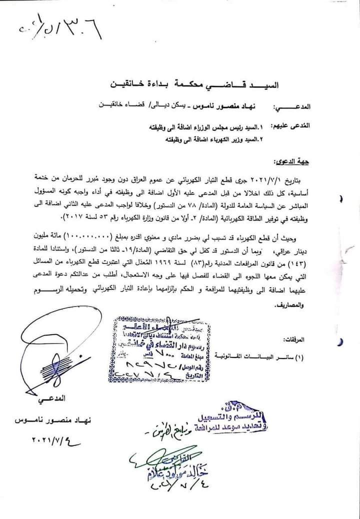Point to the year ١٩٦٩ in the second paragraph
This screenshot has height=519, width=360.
(x=195, y=262)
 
